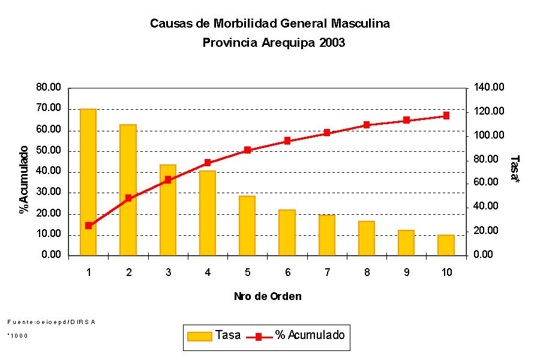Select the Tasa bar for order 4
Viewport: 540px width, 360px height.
click(x=208, y=213)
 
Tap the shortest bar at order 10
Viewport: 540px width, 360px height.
click(x=446, y=245)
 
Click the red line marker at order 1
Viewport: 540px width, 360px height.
click(x=88, y=226)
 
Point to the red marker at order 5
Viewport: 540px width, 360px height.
click(x=247, y=150)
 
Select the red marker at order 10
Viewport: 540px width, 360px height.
click(x=446, y=115)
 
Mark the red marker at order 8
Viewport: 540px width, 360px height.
click(x=367, y=125)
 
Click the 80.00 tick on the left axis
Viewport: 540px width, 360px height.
click(x=49, y=88)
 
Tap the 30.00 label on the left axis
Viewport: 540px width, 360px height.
click(x=49, y=193)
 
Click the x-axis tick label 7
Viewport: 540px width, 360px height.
click(x=327, y=272)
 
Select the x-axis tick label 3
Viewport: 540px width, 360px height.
click(x=168, y=272)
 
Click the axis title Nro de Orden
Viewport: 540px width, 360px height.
click(x=268, y=296)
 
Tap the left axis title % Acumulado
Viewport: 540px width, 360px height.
click(x=24, y=179)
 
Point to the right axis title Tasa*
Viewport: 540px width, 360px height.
click(x=515, y=169)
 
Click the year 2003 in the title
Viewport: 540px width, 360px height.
click(x=332, y=43)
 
